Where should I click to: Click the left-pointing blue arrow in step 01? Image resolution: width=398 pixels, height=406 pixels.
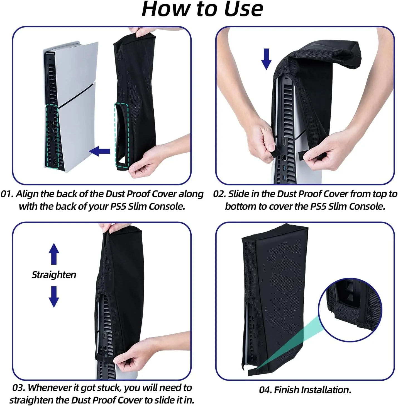click(99, 151)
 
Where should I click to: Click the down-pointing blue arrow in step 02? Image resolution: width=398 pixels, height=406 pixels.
click(266, 59)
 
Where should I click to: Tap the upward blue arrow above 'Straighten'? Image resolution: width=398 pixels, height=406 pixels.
click(54, 254)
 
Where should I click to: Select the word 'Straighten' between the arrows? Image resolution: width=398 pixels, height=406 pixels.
click(54, 275)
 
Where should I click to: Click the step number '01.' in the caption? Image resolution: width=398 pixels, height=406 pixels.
click(7, 194)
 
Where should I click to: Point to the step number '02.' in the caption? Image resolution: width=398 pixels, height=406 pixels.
click(220, 194)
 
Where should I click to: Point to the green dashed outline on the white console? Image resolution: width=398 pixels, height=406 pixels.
click(52, 136)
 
